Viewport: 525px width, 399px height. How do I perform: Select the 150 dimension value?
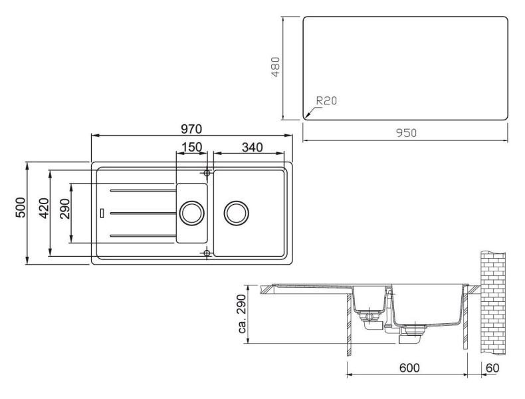(191, 146)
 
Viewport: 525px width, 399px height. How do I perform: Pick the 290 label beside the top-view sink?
(64, 213)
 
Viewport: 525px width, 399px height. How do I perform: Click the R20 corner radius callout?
(326, 101)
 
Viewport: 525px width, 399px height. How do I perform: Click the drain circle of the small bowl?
(191, 213)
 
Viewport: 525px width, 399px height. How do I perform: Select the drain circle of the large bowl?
(237, 213)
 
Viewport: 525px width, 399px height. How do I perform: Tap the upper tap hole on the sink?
(207, 173)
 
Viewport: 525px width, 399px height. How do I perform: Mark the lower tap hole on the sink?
(207, 253)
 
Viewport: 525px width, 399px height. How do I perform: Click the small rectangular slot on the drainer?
(101, 213)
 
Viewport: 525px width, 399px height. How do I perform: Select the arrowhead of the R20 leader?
(306, 117)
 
